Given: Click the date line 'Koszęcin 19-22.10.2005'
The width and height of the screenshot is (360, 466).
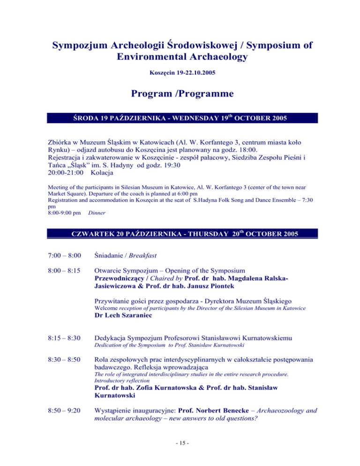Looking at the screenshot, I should (180, 74).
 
